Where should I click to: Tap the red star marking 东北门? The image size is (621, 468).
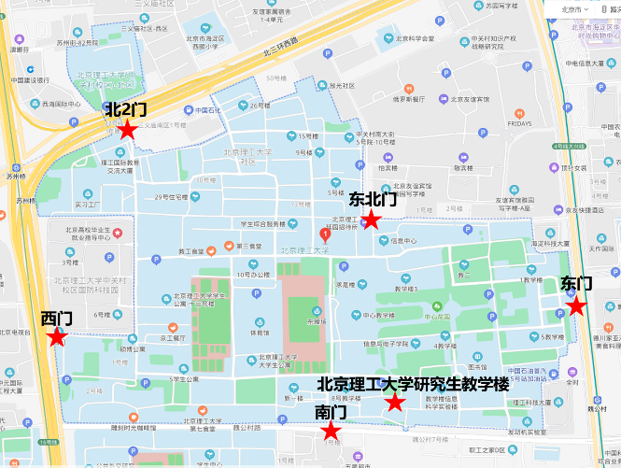tap(371, 220)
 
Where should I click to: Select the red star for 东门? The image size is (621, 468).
tap(576, 305)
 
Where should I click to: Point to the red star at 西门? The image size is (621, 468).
tap(57, 337)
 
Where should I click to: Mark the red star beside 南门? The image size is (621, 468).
tap(330, 431)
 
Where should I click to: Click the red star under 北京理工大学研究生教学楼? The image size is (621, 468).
tap(395, 403)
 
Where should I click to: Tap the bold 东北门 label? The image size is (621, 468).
tap(373, 200)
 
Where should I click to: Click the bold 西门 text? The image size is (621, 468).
tap(57, 319)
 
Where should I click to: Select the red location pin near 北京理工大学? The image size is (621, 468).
tap(325, 234)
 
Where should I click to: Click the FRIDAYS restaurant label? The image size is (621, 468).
tap(519, 123)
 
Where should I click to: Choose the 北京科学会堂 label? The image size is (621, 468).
tap(415, 38)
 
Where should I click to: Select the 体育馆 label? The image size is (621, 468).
tap(260, 333)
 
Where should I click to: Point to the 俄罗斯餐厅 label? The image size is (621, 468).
tap(408, 98)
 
